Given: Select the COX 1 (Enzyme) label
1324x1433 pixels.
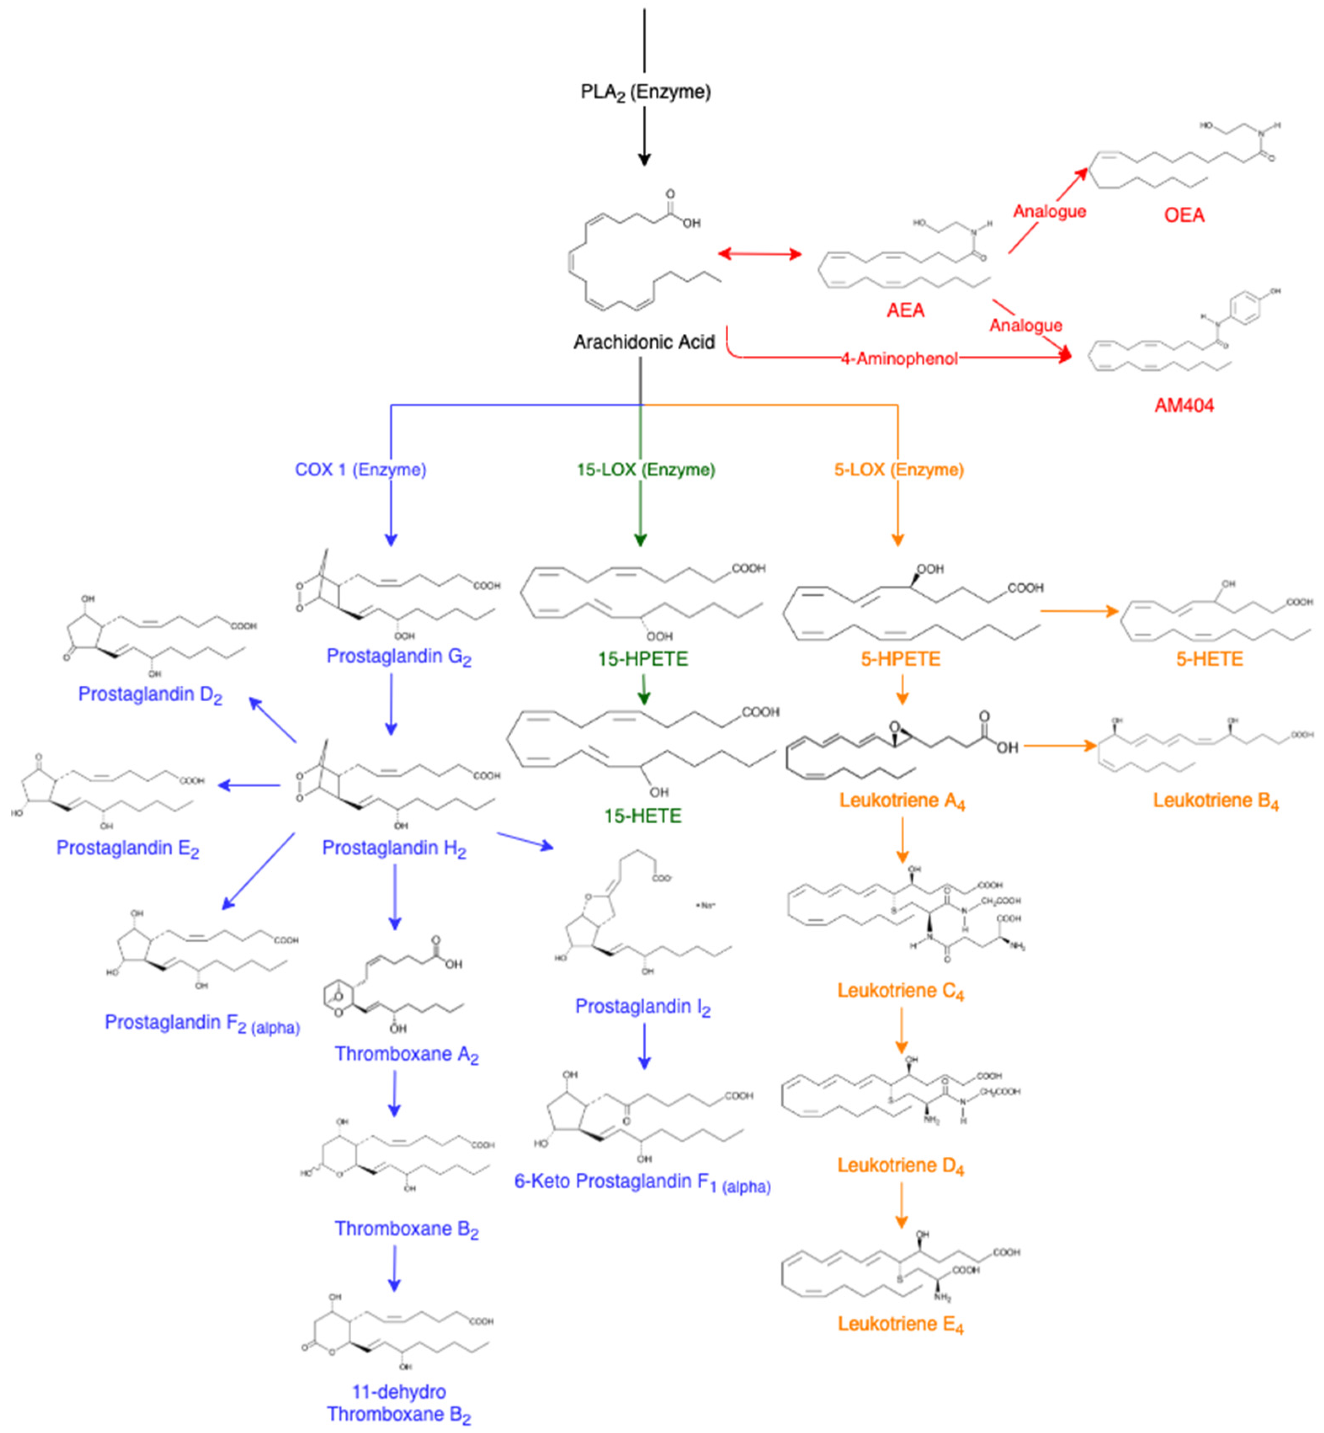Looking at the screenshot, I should tap(361, 469).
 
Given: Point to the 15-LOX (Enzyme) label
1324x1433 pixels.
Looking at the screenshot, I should tap(645, 469).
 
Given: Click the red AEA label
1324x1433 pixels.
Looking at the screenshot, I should tap(905, 310).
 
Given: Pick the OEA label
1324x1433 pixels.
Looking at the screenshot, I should tap(1183, 215).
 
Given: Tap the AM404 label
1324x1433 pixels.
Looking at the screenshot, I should tap(1183, 406).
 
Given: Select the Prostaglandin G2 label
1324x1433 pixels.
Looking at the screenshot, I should tap(398, 657).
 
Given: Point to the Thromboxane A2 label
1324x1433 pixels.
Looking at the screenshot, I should tap(406, 1055).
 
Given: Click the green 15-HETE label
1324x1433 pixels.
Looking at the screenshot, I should tap(643, 816).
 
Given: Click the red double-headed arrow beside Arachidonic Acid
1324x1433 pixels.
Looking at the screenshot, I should tap(759, 254).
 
